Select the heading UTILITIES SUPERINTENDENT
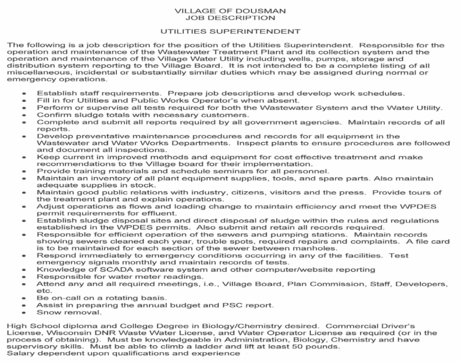pyautogui.click(x=230, y=31)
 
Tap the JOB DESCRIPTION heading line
pyautogui.click(x=230, y=18)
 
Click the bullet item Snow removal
pyautogui.click(x=69, y=312)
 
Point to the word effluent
pyautogui.click(x=162, y=213)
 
